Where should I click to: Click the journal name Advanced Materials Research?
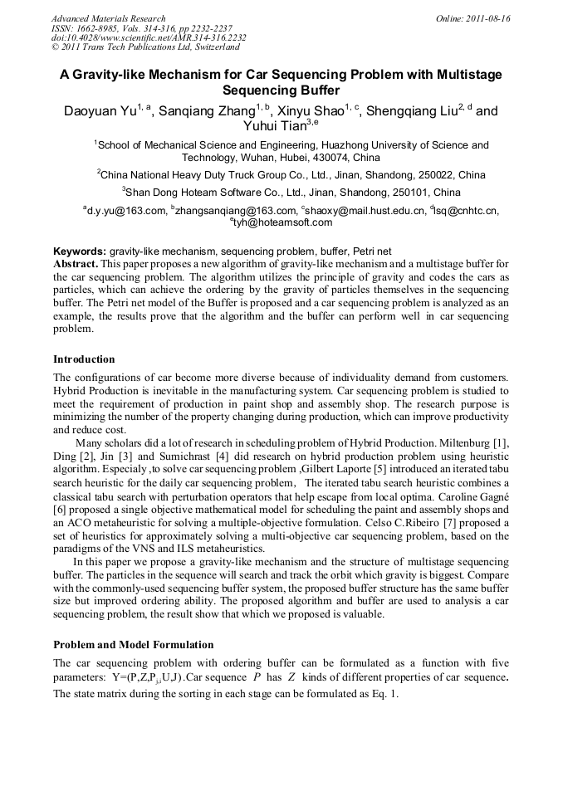pos(108,18)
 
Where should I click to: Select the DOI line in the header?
pos(149,38)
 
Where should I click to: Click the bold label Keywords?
pos(80,251)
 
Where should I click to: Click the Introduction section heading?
pos(84,359)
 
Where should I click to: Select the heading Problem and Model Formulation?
pos(133,644)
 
